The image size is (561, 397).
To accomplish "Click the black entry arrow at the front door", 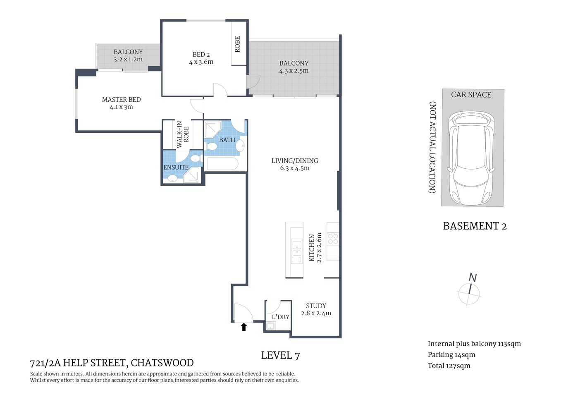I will (x=244, y=327).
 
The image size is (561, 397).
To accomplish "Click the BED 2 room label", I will (x=201, y=55).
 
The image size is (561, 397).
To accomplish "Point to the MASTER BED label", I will (x=121, y=100).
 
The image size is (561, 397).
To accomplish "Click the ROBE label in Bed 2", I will (x=238, y=44).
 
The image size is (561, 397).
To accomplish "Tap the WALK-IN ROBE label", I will (x=183, y=134).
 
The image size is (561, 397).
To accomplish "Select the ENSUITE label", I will (x=176, y=167).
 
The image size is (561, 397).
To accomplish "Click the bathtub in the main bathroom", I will (x=222, y=164).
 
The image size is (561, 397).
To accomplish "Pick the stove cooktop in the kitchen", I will (x=333, y=239).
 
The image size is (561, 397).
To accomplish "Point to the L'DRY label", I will (x=280, y=317).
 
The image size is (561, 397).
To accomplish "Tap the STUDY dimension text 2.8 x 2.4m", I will (x=316, y=313).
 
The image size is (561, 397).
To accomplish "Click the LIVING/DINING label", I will (x=295, y=160).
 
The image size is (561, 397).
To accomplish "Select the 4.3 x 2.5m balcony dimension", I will (x=294, y=71).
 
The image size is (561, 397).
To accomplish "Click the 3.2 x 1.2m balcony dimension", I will (x=128, y=60).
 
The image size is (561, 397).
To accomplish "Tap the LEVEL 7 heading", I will (x=280, y=355).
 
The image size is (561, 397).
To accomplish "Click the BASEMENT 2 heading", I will (x=475, y=226).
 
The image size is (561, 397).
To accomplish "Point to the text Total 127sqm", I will (x=449, y=366).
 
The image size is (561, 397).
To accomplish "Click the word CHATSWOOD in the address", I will (x=162, y=363).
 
